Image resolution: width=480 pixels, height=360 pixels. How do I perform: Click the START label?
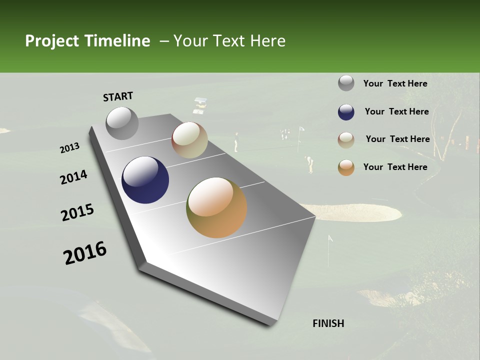[x=118, y=96]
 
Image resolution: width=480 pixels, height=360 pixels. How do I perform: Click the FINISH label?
[x=328, y=323]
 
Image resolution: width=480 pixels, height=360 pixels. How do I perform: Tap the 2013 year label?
[x=69, y=148]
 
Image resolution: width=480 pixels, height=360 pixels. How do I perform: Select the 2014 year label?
[x=73, y=177]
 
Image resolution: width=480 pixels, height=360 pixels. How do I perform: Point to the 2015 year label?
[x=77, y=212]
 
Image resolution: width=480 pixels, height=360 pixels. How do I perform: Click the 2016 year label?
[x=85, y=253]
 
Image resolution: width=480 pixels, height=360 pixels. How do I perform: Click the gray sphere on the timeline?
[x=122, y=123]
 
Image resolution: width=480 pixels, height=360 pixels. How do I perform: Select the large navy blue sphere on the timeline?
[x=145, y=180]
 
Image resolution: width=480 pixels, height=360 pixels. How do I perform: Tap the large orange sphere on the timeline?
[x=216, y=207]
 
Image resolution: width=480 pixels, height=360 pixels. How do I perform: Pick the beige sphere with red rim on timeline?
[x=189, y=140]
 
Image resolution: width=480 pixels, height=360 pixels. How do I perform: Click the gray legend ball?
[x=346, y=83]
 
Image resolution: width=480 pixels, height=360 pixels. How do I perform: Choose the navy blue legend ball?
[x=346, y=112]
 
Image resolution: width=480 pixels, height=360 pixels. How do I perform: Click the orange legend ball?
[x=346, y=167]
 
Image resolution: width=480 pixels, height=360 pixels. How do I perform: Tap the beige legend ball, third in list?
[x=346, y=140]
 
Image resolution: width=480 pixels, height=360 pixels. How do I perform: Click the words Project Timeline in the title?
[x=87, y=41]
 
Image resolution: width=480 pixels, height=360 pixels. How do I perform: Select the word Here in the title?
[x=267, y=41]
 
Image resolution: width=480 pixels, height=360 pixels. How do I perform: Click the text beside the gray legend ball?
[x=395, y=83]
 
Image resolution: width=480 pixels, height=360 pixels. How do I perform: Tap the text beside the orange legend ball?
[x=395, y=167]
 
